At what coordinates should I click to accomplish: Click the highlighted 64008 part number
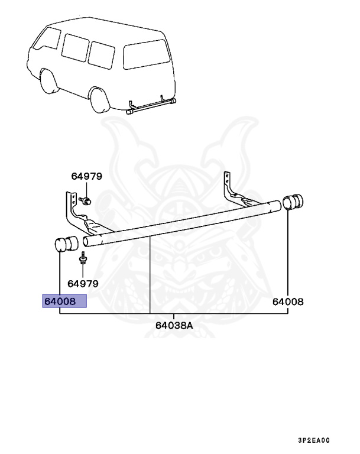[64, 301]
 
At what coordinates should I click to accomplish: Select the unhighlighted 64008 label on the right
[287, 301]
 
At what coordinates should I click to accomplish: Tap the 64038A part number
[174, 325]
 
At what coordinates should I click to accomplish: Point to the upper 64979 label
[87, 176]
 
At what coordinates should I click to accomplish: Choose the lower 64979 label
[82, 283]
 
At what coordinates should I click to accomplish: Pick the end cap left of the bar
[66, 244]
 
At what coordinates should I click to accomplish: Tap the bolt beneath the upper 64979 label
[86, 201]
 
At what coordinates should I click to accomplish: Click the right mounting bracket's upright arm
[227, 183]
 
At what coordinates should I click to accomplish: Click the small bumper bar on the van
[151, 106]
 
